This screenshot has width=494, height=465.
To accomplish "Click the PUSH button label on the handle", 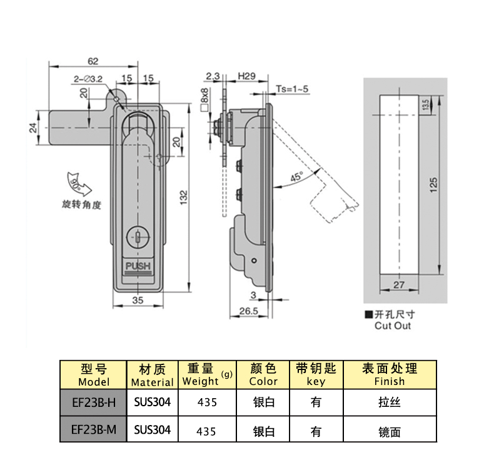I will (x=138, y=267).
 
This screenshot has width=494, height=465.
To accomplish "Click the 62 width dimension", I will (x=93, y=61).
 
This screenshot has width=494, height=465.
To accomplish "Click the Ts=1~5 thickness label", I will (x=293, y=89).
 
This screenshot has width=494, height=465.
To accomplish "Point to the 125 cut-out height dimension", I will (x=434, y=184).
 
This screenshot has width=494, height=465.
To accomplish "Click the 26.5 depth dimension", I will (x=249, y=311).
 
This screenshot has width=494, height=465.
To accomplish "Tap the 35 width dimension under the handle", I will (x=138, y=300).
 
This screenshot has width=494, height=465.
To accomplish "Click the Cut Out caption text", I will (x=393, y=325).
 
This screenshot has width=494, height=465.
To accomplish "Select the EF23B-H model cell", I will (x=94, y=402).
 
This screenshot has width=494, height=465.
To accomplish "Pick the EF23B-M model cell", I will (x=94, y=429).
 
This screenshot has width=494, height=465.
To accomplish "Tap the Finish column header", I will (x=389, y=374).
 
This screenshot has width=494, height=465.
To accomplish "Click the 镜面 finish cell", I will (x=389, y=431).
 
